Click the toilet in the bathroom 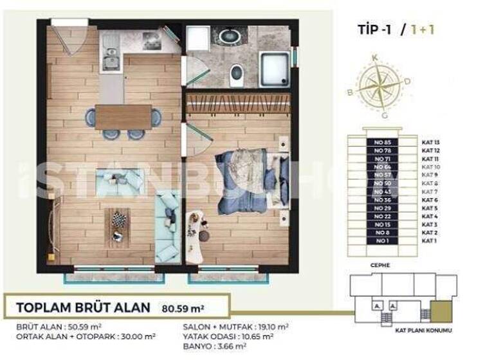tap(236, 74)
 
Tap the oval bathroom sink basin tap(228, 36)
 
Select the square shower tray tap(275, 69)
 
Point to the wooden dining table tap(123, 117)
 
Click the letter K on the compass tap(374, 58)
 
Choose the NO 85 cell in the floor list tap(382, 142)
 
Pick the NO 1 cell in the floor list tap(382, 240)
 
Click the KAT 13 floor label tap(430, 142)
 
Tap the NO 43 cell tap(382, 192)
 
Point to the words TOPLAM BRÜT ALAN tap(82, 307)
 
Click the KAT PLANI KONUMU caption tap(423, 330)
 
